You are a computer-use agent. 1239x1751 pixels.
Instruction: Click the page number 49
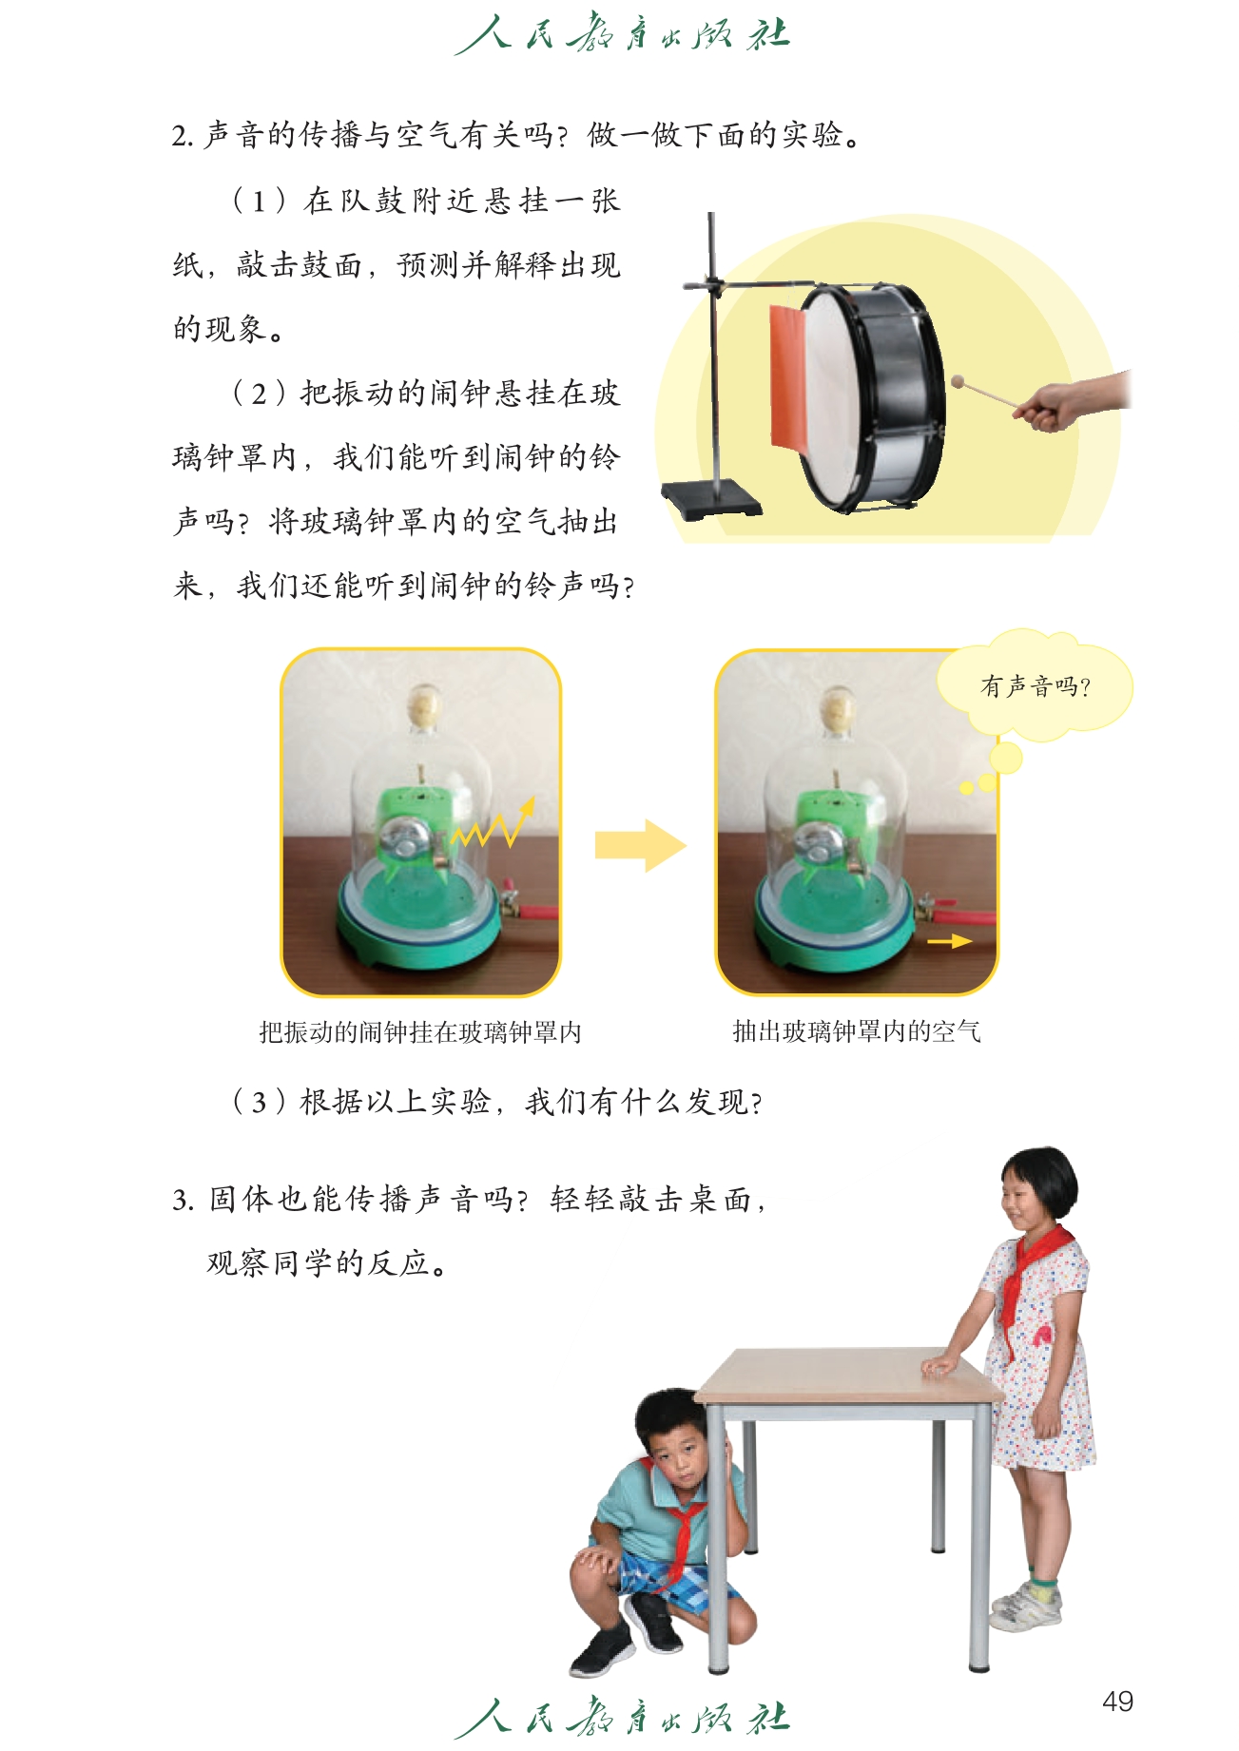(x=1117, y=1701)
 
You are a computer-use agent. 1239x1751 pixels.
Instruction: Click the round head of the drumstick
(x=958, y=382)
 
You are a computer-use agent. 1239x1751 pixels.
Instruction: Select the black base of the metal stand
(x=711, y=499)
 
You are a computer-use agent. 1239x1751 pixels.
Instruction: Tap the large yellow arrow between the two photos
(x=640, y=845)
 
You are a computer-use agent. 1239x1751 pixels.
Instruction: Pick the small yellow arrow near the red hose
(x=949, y=941)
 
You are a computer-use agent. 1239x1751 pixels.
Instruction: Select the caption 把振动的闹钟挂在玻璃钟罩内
(x=420, y=1032)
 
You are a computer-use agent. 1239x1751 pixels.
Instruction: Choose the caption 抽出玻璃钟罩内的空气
(x=856, y=1031)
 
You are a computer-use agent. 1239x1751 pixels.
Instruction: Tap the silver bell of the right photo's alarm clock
(x=816, y=843)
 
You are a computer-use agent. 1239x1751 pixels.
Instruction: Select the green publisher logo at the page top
(x=621, y=35)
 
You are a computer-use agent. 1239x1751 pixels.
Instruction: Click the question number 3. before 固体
(x=183, y=1200)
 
